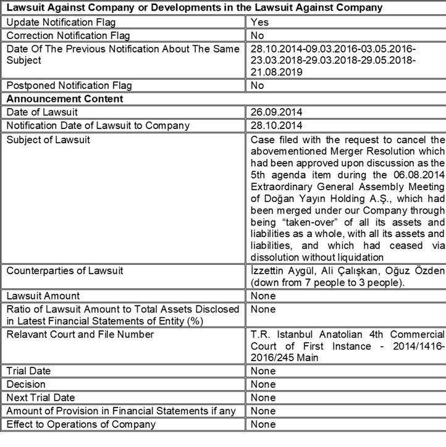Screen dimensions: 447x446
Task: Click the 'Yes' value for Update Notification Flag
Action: (259, 21)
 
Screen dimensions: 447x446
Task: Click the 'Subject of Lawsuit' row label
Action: (48, 139)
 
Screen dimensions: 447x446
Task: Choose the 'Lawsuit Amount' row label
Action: (43, 296)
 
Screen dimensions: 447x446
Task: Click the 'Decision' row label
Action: (25, 385)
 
